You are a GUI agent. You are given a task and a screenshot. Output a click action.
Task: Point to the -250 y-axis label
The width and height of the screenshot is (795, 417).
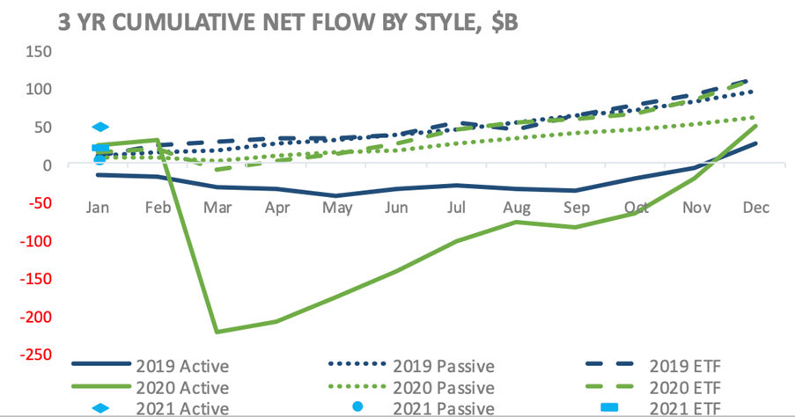[x=33, y=355]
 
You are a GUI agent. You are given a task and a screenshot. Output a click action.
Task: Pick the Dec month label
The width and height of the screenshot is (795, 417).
[x=756, y=208]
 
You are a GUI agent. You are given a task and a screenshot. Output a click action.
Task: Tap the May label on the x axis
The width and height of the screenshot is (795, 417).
[x=338, y=208]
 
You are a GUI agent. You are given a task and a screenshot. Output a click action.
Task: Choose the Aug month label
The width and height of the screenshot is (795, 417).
[x=517, y=208]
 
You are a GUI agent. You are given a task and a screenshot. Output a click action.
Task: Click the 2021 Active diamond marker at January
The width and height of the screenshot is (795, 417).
[x=100, y=128]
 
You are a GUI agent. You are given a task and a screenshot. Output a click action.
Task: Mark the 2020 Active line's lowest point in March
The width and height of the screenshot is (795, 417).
[x=217, y=332]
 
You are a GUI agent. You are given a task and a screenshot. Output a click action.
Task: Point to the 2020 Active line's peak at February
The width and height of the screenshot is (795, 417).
[x=157, y=140]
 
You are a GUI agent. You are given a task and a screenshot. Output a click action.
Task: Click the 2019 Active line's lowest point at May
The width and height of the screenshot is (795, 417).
[x=338, y=195]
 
